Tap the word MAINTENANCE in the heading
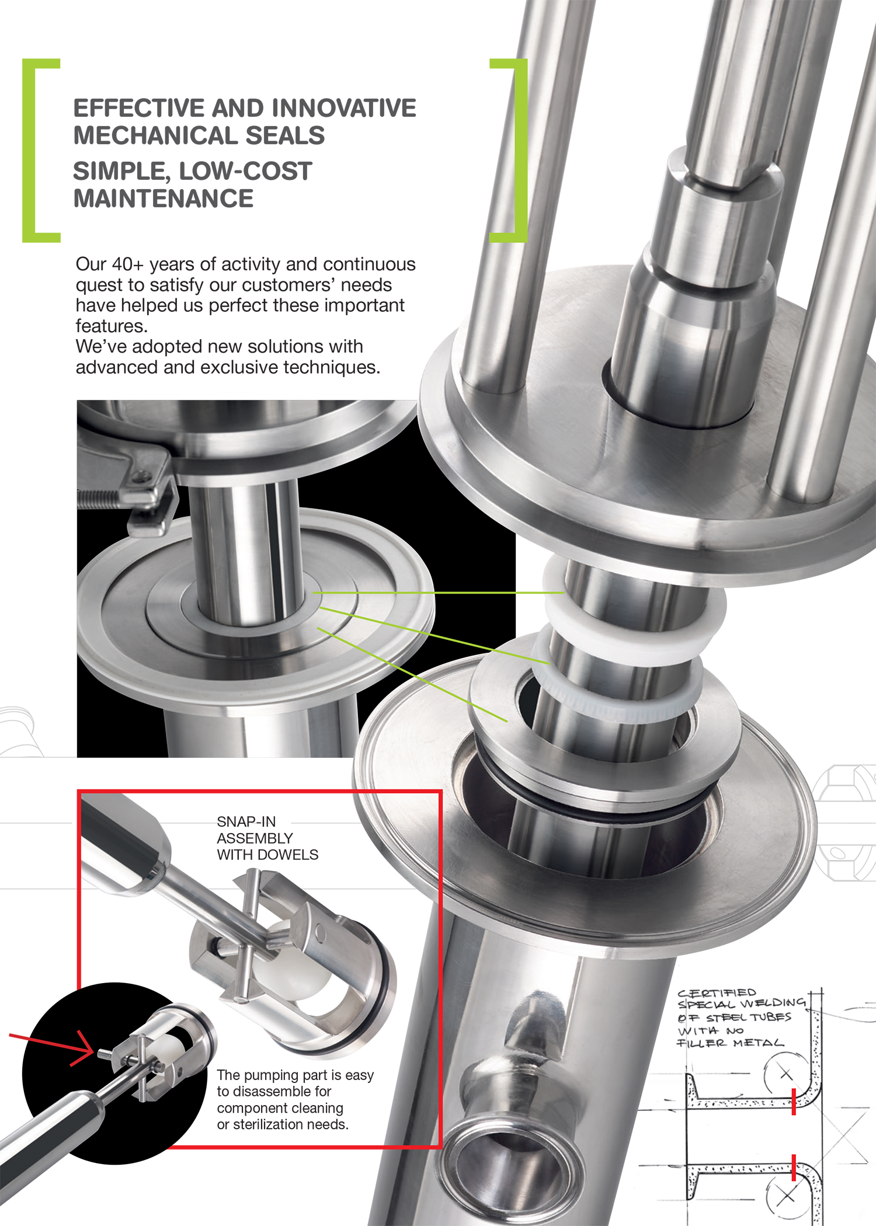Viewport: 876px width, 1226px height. pyautogui.click(x=164, y=198)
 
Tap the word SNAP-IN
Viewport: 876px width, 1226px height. pyautogui.click(x=246, y=821)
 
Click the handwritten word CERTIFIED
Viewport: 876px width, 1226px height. pyautogui.click(x=717, y=992)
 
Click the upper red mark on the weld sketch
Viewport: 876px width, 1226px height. pyautogui.click(x=794, y=1102)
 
